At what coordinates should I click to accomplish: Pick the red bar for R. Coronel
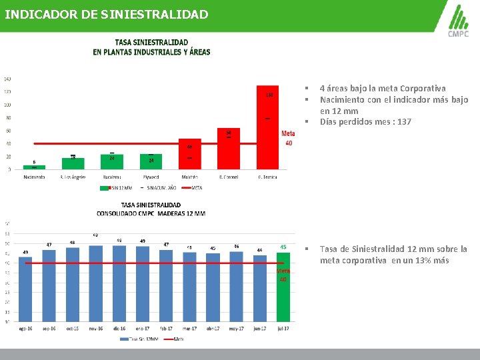(229, 150)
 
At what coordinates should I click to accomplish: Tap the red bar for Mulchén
(189, 155)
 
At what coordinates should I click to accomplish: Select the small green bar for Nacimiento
(34, 167)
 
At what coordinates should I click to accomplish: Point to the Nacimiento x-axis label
(34, 177)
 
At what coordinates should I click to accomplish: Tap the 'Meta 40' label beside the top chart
(288, 139)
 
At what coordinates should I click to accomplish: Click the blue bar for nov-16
(95, 283)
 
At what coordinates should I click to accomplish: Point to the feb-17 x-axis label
(166, 328)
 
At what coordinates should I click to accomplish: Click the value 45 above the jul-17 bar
(283, 247)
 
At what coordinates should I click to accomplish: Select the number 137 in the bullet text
(404, 122)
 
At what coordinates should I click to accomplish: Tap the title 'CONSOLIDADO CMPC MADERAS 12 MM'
(151, 213)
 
